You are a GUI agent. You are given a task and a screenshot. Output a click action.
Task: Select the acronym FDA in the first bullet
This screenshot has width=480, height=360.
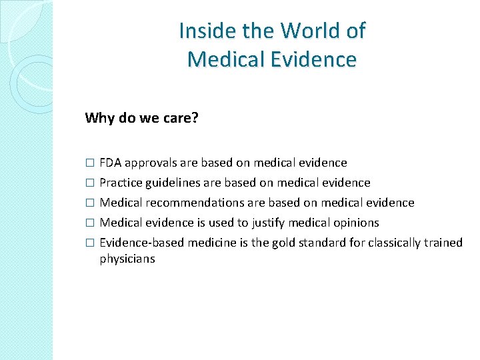111,162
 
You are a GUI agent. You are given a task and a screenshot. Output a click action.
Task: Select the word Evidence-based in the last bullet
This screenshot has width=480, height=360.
141,242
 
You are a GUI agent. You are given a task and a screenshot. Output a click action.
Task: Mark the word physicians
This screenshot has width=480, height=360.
127,259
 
